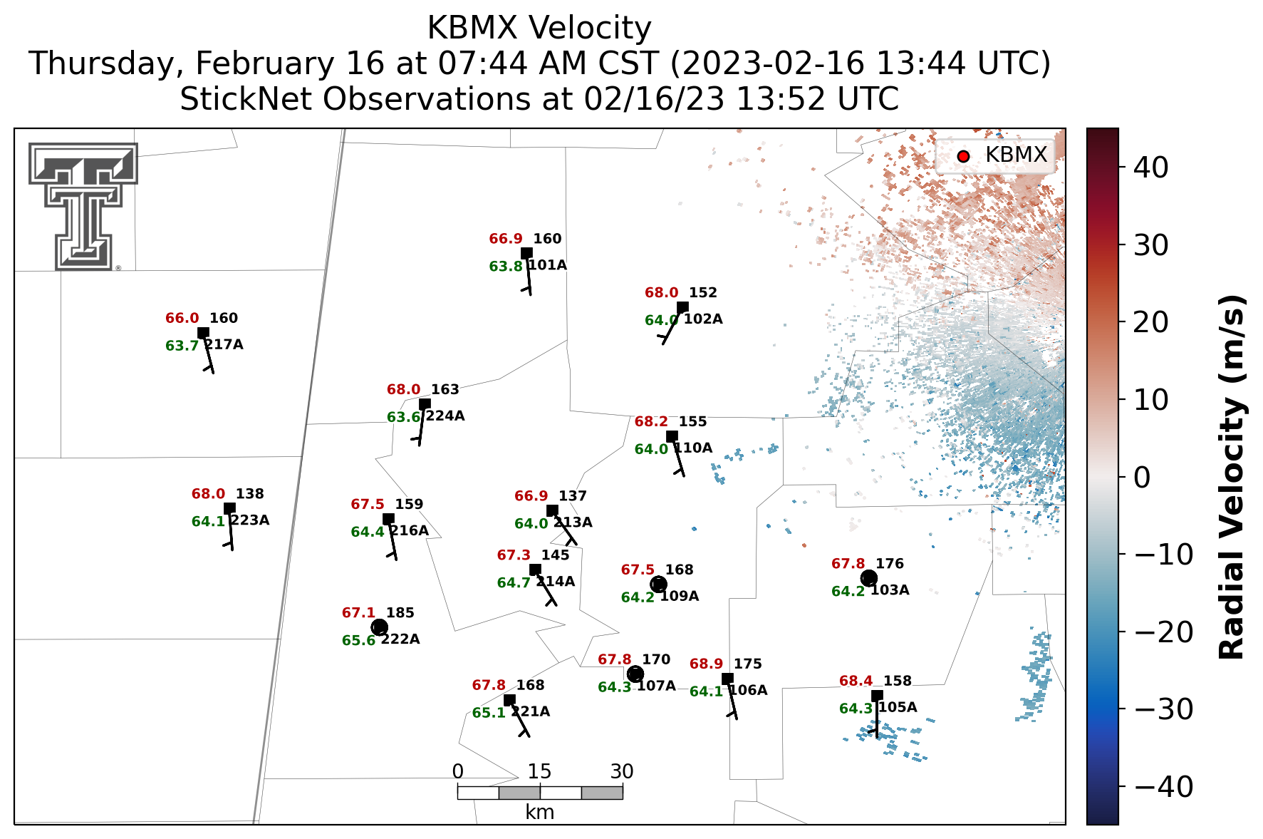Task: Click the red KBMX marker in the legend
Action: point(963,156)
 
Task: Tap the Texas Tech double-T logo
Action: point(83,206)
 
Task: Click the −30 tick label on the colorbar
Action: point(1163,709)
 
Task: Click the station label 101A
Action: point(548,265)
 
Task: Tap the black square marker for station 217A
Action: point(203,333)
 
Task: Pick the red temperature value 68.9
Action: point(706,664)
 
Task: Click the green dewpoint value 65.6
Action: point(358,641)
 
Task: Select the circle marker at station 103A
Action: point(868,578)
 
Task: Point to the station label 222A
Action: point(400,639)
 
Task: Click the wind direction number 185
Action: point(400,613)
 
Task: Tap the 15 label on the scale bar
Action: point(539,771)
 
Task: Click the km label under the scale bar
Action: point(539,813)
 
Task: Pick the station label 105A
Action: point(898,708)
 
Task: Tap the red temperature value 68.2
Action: point(651,422)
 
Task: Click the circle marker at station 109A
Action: point(658,585)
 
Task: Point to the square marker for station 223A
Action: point(229,508)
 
